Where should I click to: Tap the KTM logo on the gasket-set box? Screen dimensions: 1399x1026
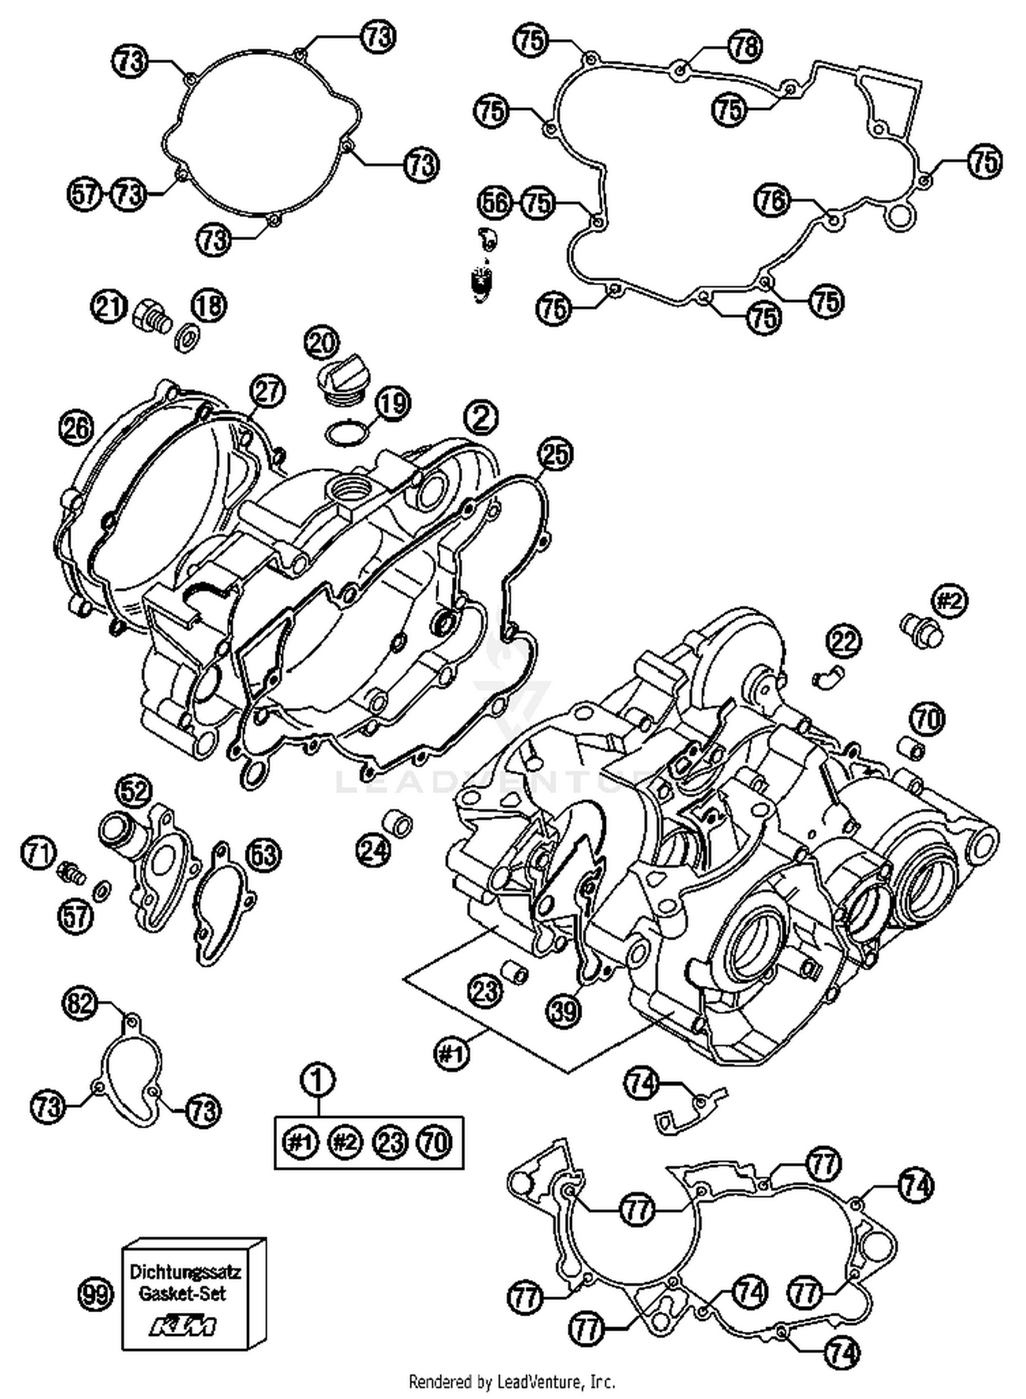[x=183, y=1327]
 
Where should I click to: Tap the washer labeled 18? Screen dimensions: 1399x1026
[x=185, y=337]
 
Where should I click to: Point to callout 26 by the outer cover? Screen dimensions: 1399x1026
[x=76, y=429]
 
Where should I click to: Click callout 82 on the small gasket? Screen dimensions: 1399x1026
[x=81, y=1004]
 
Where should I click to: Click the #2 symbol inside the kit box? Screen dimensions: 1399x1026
[x=345, y=1143]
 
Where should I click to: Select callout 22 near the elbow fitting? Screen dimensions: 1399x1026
[x=844, y=641]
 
